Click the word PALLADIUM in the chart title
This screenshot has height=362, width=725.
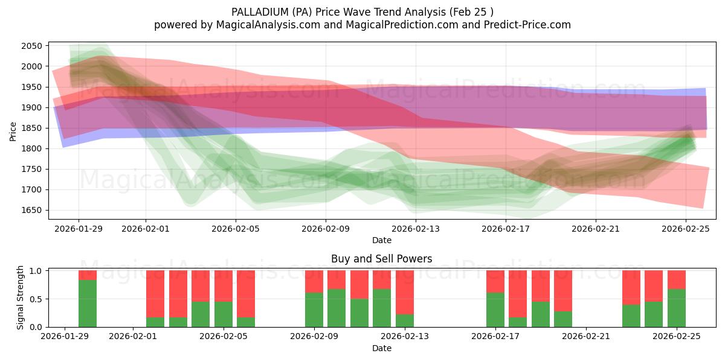pyautogui.click(x=257, y=11)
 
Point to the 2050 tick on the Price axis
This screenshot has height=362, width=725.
pyautogui.click(x=31, y=46)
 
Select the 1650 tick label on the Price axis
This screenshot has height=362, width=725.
pyautogui.click(x=31, y=211)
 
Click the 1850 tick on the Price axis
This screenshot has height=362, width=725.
pyautogui.click(x=31, y=128)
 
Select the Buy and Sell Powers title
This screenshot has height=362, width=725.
pyautogui.click(x=381, y=259)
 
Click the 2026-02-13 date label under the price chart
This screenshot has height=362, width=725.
pyautogui.click(x=416, y=229)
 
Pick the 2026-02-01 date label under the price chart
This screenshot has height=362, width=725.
pyautogui.click(x=145, y=229)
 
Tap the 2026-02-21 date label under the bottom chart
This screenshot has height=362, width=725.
pyautogui.click(x=586, y=337)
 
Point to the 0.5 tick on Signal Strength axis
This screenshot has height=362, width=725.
pyautogui.click(x=36, y=299)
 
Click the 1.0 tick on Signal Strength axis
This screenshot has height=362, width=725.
pyautogui.click(x=36, y=271)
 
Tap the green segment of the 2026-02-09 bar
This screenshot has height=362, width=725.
pyautogui.click(x=314, y=310)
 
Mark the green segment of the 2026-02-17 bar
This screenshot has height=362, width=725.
pyautogui.click(x=495, y=310)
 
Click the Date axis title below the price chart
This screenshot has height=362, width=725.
pyautogui.click(x=381, y=240)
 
